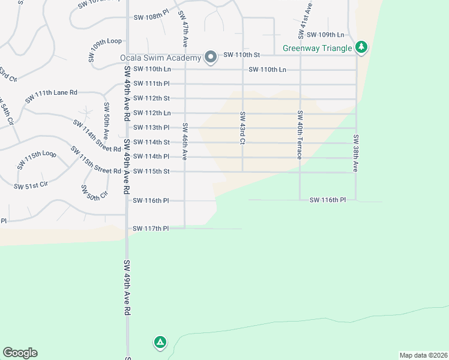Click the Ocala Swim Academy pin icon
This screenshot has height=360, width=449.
coord(211,57)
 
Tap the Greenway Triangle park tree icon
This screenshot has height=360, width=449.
coord(361,47)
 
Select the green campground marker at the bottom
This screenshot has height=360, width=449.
coord(160,343)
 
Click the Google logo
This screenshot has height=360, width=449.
coord(20,353)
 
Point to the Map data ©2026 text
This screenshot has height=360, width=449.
coord(423,355)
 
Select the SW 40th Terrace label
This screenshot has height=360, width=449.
coord(299,134)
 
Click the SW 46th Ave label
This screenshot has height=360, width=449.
coord(185,142)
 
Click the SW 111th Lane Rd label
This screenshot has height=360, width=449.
coord(52,94)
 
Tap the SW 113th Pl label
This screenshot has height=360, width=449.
coord(151,127)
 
